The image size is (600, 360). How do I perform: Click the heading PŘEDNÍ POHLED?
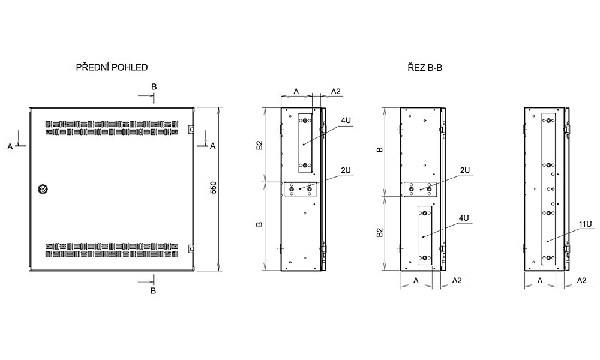click(x=112, y=68)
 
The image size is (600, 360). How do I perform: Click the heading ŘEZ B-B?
click(x=423, y=68)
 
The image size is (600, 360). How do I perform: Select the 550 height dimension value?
click(x=213, y=188)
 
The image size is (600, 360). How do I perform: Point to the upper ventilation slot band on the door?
click(x=112, y=128)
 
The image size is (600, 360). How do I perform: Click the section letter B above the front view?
click(x=154, y=87)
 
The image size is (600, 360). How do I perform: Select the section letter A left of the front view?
click(x=10, y=146)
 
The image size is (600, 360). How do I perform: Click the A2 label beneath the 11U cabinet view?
click(x=581, y=280)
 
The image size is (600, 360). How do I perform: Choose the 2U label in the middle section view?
click(x=464, y=171)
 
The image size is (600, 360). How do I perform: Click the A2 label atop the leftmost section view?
click(x=336, y=91)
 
